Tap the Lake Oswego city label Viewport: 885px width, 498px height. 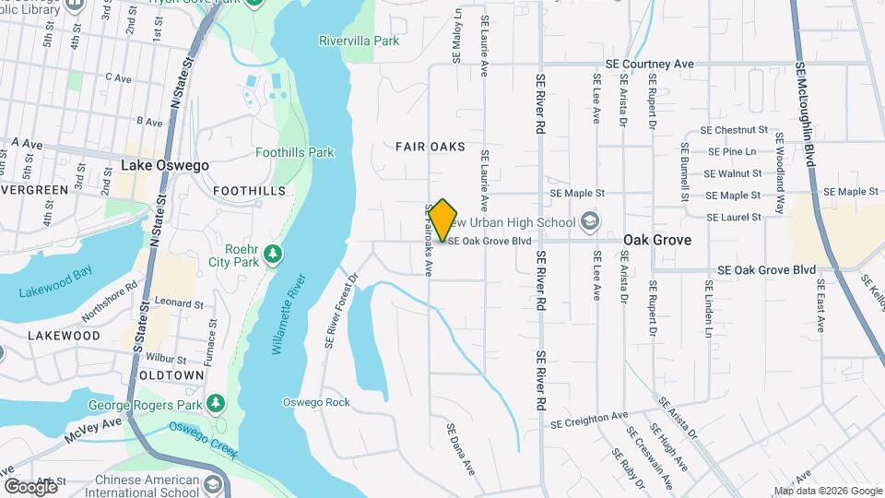[x=165, y=166]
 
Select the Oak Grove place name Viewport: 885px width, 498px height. [x=657, y=239]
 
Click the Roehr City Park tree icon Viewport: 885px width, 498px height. [x=272, y=253]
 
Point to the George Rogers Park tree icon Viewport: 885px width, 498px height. [x=215, y=402]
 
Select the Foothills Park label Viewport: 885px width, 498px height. [x=295, y=152]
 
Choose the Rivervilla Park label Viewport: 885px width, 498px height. [x=360, y=41]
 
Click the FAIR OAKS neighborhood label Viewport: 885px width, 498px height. [x=431, y=147]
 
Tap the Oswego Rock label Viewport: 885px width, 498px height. [x=316, y=402]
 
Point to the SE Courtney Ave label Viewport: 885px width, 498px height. [x=649, y=65]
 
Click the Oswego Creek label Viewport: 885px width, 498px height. [x=202, y=440]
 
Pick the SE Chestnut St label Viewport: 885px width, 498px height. [x=734, y=130]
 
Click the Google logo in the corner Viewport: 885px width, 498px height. [x=30, y=486]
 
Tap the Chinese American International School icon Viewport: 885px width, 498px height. [x=213, y=486]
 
